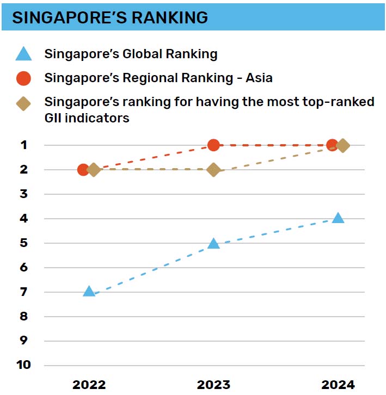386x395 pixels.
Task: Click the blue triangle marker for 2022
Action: [89, 291]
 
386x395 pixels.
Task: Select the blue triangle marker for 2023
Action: [214, 243]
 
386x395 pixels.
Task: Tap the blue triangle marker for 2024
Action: [338, 218]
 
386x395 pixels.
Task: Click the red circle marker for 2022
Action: [83, 170]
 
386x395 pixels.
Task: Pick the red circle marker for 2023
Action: [214, 145]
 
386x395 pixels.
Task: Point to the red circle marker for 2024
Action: [332, 145]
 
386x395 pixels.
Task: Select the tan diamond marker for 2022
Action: [94, 170]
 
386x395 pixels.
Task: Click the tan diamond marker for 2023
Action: [214, 170]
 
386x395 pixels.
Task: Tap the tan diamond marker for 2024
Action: [343, 145]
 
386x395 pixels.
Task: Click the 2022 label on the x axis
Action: [89, 385]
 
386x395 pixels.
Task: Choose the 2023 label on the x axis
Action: [214, 385]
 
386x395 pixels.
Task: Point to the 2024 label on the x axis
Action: [338, 385]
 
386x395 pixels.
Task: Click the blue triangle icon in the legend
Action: [23, 54]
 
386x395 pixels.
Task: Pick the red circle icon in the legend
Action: [23, 78]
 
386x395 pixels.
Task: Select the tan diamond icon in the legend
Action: [23, 103]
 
